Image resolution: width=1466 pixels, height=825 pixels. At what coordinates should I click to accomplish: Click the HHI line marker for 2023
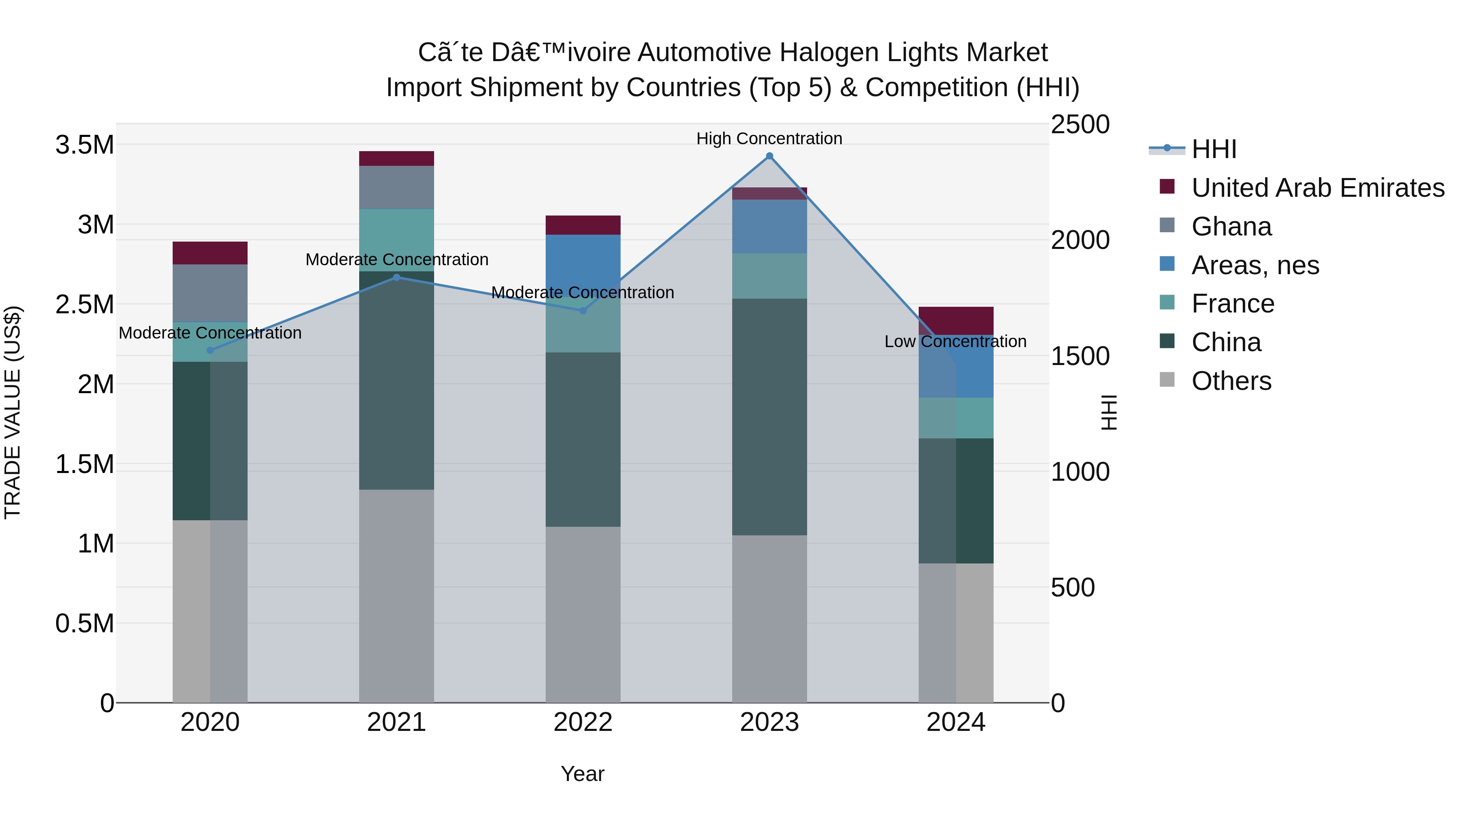click(x=769, y=156)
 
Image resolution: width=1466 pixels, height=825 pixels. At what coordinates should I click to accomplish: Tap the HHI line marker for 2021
click(x=397, y=277)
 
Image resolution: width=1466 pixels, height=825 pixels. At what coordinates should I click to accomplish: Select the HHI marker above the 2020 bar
click(x=210, y=350)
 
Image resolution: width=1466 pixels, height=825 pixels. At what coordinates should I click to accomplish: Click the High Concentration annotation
click(x=769, y=139)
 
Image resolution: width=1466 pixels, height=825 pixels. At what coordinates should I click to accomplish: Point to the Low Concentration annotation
click(x=955, y=342)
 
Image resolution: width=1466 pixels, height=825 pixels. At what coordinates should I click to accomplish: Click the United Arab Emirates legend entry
click(x=1317, y=188)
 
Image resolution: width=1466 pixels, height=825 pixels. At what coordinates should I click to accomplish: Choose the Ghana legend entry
click(x=1231, y=227)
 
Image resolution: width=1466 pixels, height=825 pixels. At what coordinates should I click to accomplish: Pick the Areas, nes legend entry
click(x=1255, y=265)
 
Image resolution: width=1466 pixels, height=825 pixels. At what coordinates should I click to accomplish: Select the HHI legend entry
click(x=1214, y=149)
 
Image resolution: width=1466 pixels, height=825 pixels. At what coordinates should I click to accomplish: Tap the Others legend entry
click(x=1231, y=381)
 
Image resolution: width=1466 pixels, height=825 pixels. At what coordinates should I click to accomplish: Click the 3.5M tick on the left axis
click(x=85, y=145)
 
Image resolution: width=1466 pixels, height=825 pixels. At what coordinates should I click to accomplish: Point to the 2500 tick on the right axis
click(x=1080, y=125)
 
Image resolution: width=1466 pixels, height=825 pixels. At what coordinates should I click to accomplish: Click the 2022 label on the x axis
click(x=583, y=722)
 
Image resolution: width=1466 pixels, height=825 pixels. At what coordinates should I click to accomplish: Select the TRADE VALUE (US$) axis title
click(x=13, y=412)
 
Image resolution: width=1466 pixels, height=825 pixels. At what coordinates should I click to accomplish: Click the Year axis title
click(x=582, y=774)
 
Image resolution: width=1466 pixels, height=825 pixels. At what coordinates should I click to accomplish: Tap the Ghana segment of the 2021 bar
click(x=397, y=187)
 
